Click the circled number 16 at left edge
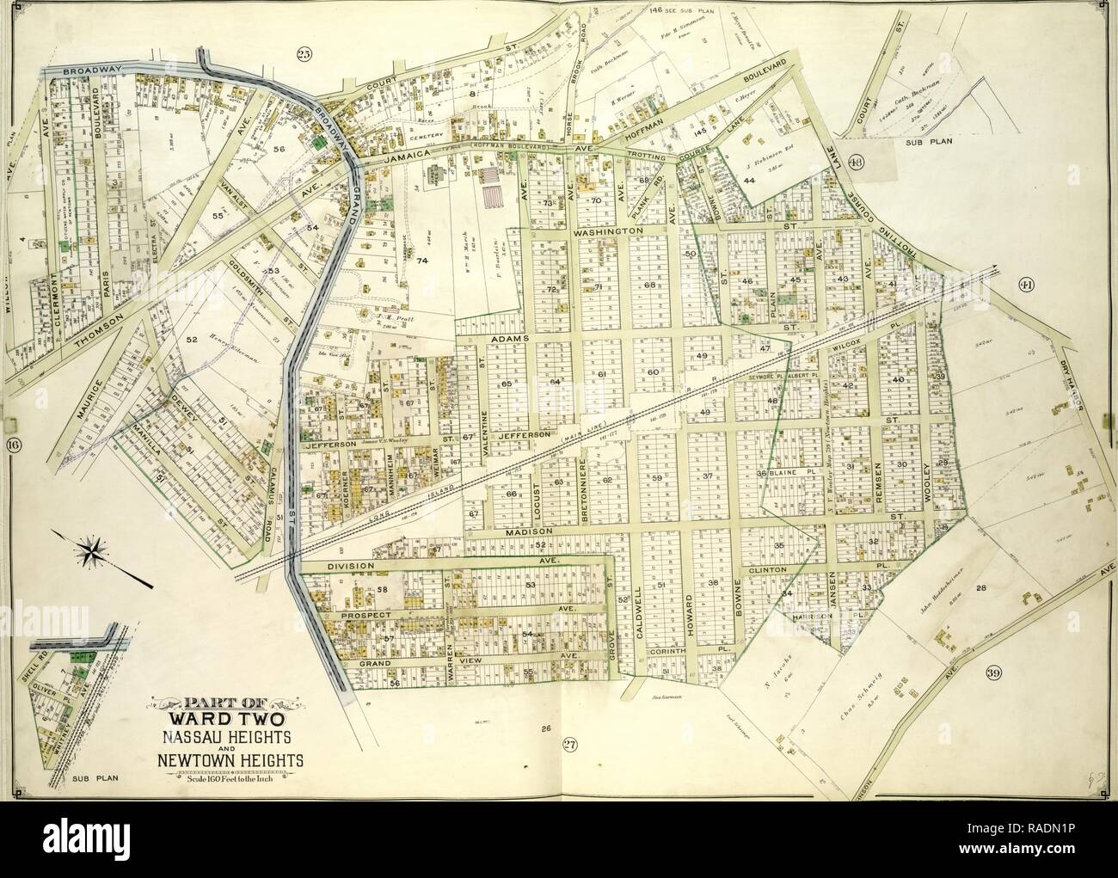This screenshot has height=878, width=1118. pyautogui.click(x=13, y=445)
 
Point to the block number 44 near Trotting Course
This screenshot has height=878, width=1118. pyautogui.click(x=749, y=180)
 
